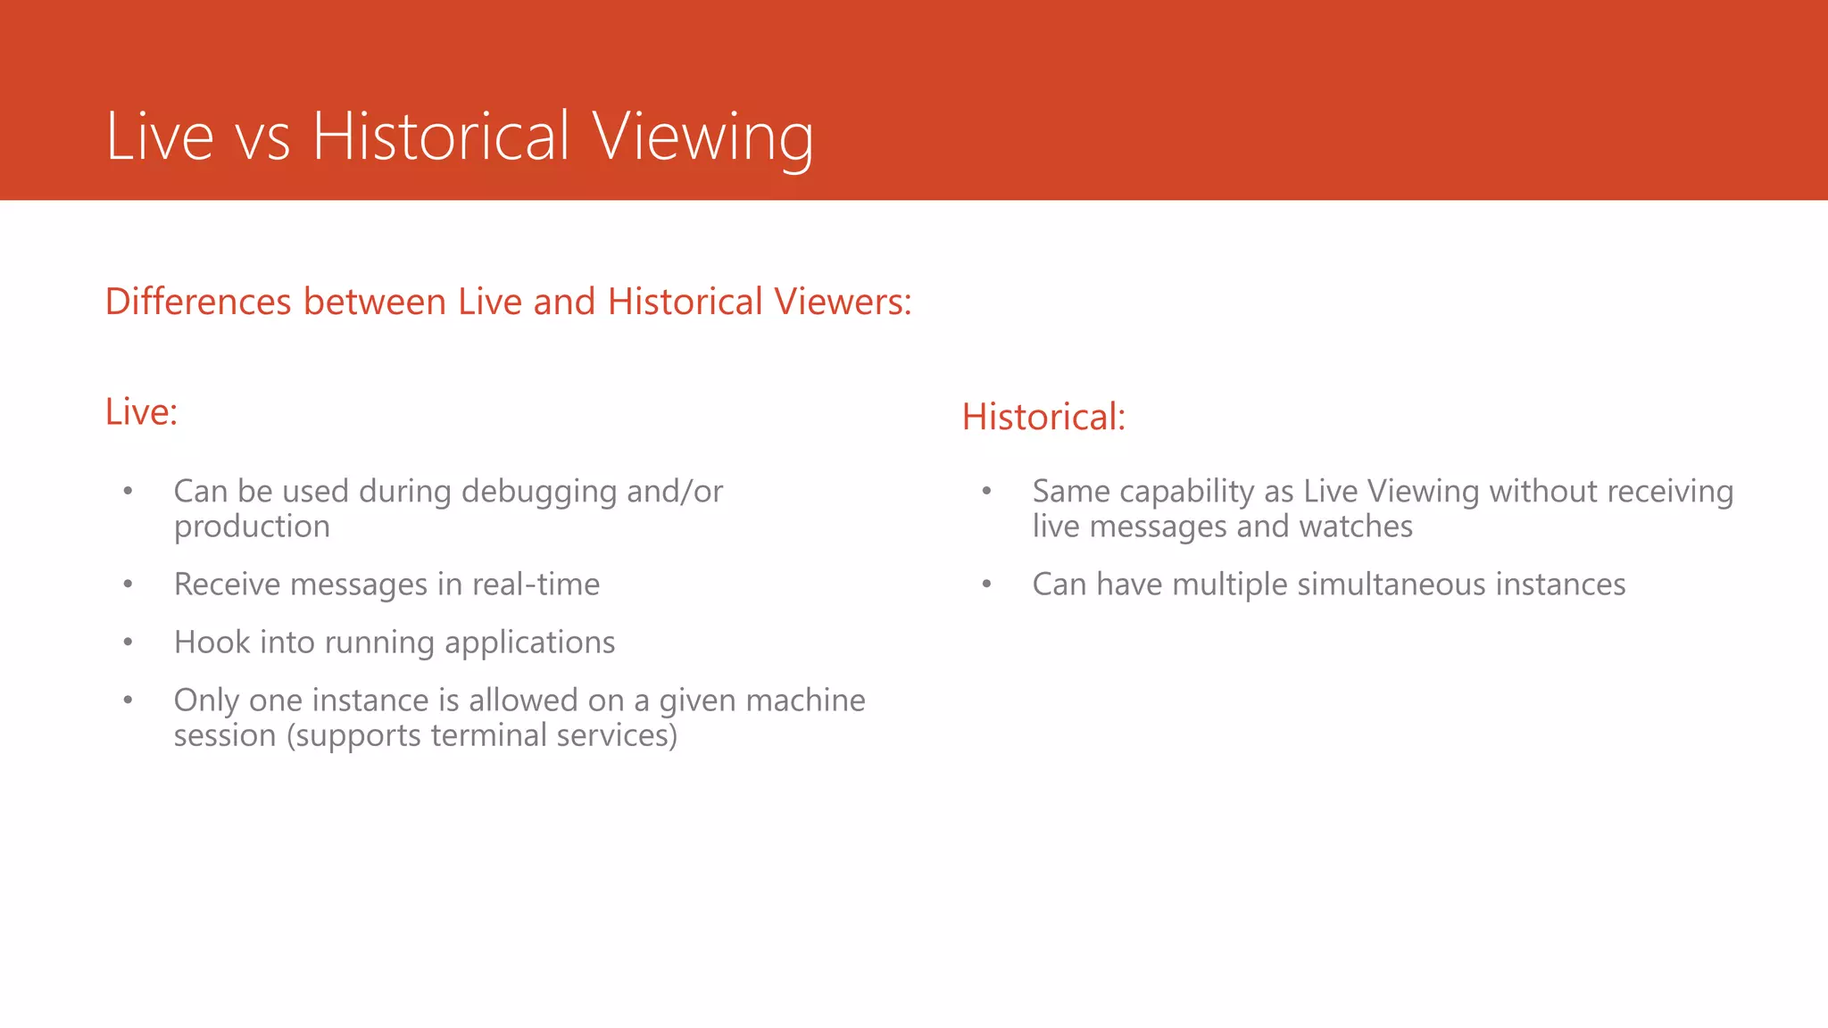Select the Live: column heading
[x=141, y=411]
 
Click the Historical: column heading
[x=1043, y=417]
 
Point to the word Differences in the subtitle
[x=199, y=302]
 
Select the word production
[x=252, y=527]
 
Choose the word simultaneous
[x=1392, y=584]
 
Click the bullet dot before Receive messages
[x=129, y=584]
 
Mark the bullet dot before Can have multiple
[x=986, y=584]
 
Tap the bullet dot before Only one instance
[x=129, y=701]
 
